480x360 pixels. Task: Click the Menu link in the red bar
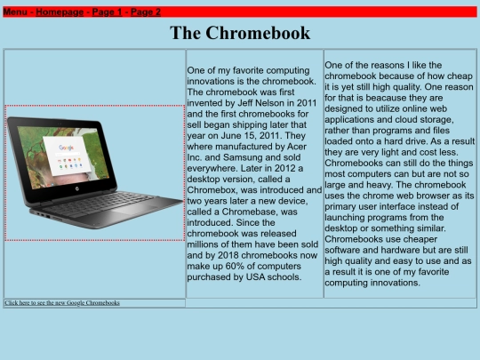pos(15,12)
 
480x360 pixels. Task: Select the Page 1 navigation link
pos(107,12)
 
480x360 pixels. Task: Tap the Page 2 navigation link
pos(146,12)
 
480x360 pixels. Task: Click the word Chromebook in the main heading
pos(259,34)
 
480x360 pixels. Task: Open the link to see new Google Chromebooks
pos(62,303)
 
